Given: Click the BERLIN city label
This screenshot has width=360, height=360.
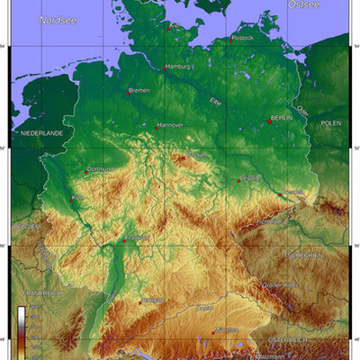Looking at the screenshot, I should point(282,118).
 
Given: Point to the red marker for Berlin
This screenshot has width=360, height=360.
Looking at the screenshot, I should point(269,121).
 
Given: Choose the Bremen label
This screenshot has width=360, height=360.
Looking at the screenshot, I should point(139,91).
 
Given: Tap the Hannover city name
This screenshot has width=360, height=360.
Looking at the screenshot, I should point(170,125).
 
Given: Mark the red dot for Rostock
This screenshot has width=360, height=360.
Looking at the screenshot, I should point(230,40).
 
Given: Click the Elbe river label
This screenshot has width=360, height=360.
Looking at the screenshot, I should point(215,102).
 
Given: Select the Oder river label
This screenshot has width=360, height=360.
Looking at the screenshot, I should point(302,112).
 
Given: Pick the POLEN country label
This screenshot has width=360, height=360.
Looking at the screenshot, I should point(331,121).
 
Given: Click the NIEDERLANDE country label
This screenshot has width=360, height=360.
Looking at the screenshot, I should point(41,132).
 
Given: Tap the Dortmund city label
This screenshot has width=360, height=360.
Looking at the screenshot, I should point(101,169).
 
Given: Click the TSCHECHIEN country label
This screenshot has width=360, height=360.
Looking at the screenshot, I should point(303,256).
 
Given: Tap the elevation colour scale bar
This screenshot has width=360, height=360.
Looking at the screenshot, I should point(21,328).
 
